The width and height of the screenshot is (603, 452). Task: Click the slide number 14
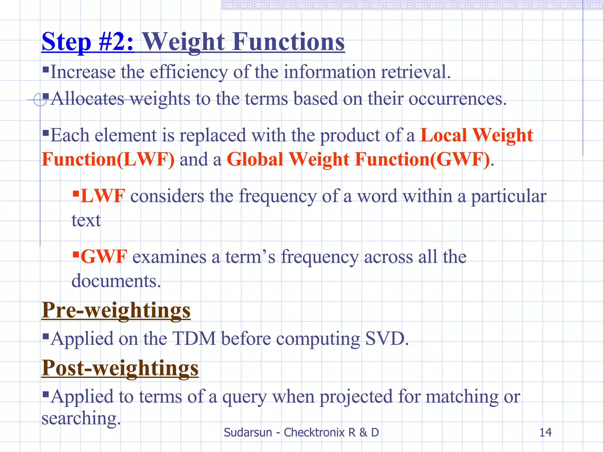(545, 432)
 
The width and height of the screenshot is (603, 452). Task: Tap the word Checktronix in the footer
(314, 432)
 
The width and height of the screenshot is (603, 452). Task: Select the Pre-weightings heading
(116, 310)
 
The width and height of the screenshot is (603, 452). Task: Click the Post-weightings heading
(120, 368)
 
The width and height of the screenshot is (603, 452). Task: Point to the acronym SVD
(386, 338)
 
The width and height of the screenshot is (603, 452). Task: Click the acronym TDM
(194, 338)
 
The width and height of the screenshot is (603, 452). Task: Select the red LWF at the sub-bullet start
(103, 196)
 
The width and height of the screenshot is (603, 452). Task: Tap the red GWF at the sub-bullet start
(104, 257)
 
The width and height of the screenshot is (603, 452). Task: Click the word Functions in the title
(289, 42)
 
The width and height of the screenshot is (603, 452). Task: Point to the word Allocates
(87, 99)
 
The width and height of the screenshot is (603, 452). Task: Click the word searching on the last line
(81, 418)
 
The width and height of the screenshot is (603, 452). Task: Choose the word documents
(116, 281)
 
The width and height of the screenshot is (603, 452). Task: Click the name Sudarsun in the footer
(248, 432)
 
